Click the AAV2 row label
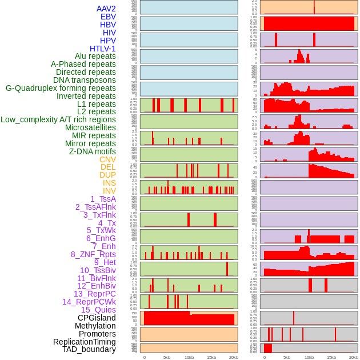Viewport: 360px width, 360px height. pos(106,9)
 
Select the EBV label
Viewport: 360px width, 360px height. pos(108,17)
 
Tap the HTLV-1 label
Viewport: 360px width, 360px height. pos(102,49)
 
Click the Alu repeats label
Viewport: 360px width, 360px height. pos(95,56)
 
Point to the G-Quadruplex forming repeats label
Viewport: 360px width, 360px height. pos(61,88)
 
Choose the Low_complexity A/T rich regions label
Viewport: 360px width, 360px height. pos(58,119)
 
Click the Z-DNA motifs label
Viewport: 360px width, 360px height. pos(92,151)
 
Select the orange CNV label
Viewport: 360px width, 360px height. pos(107,159)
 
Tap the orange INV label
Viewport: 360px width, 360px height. pos(109,191)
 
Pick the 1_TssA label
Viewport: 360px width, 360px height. pos(103,199)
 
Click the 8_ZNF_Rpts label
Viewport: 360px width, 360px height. pos(93,254)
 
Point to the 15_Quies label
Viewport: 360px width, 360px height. pos(98,310)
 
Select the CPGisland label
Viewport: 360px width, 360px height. pos(97,318)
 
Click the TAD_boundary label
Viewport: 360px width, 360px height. pos(89,349)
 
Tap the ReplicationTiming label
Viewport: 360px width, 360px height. pos(84,342)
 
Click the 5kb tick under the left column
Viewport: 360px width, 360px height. pos(167,357)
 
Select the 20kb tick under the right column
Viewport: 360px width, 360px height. pos(354,357)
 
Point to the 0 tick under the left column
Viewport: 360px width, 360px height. pos(144,357)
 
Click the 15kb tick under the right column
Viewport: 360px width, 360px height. pos(331,357)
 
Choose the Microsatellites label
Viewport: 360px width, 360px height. pos(90,127)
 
